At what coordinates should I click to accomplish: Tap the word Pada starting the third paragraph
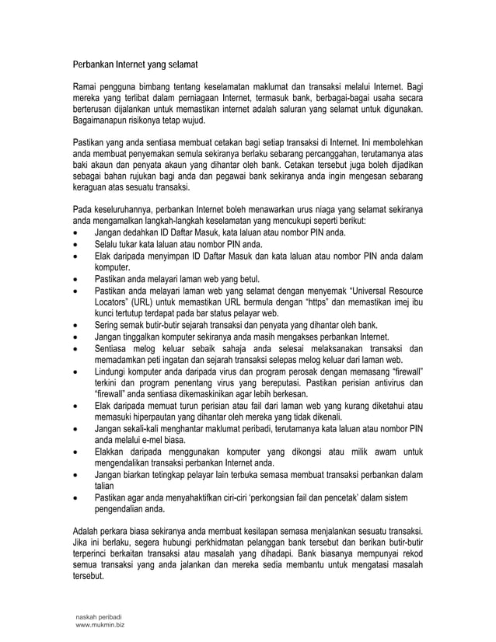tap(82, 210)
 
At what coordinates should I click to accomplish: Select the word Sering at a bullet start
tap(107, 325)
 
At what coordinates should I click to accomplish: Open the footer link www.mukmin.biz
tap(100, 624)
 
